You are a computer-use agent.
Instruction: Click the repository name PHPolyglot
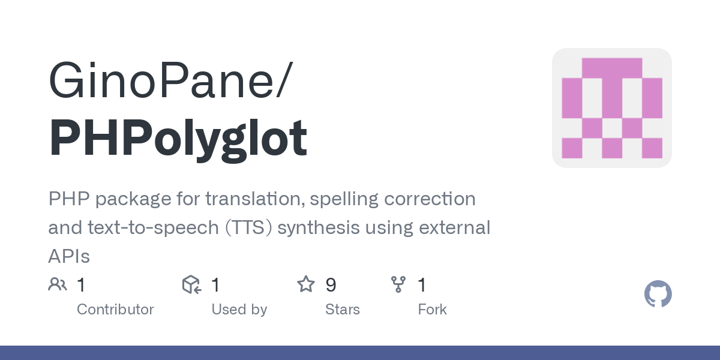coord(178,139)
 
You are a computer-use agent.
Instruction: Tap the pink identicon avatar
coord(611,108)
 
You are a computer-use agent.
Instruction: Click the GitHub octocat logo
coord(658,295)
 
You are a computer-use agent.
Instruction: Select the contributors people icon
coord(57,284)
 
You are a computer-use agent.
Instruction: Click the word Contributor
coord(115,310)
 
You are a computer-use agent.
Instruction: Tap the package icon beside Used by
coord(191,284)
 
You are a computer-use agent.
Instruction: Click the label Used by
coord(239,310)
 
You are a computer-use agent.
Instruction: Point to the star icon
coord(306,284)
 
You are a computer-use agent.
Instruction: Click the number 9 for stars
coord(331,285)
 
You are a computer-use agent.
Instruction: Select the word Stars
coord(342,310)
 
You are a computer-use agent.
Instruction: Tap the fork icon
coord(398,284)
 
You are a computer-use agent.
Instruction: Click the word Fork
coord(432,310)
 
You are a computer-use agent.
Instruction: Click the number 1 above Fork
coord(422,285)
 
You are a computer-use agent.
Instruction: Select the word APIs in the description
coord(68,257)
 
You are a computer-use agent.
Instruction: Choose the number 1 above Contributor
coord(81,285)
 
